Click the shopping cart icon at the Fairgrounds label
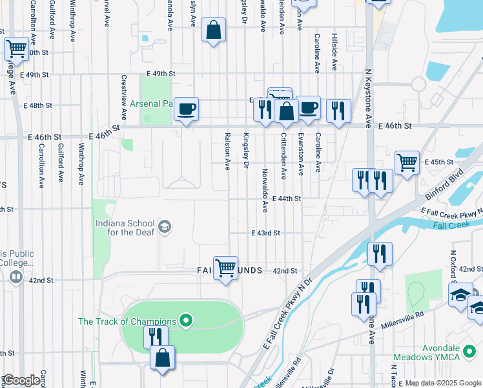pyautogui.click(x=225, y=266)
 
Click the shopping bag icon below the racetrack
pyautogui.click(x=162, y=358)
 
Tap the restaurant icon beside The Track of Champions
pyautogui.click(x=156, y=336)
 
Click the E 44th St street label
pyautogui.click(x=287, y=199)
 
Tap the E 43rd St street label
pyautogui.click(x=265, y=233)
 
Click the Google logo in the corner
pyautogui.click(x=22, y=380)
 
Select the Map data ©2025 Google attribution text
pyautogui.click(x=442, y=383)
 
